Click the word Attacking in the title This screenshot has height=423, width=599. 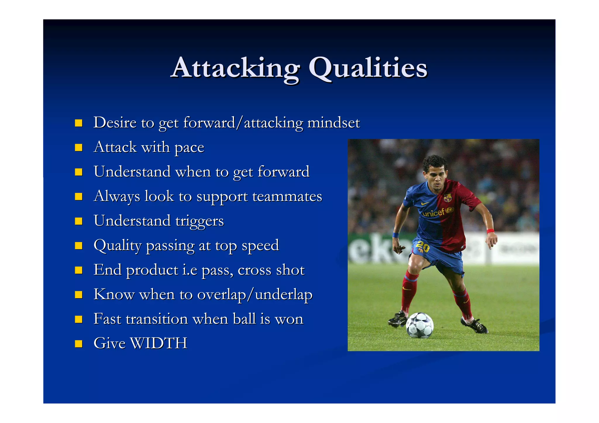pyautogui.click(x=235, y=68)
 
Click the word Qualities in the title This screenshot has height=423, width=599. pyautogui.click(x=368, y=68)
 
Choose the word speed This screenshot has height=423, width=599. pyautogui.click(x=260, y=246)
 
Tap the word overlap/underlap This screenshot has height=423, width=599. pyautogui.click(x=255, y=295)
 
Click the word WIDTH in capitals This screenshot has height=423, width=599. pyautogui.click(x=159, y=343)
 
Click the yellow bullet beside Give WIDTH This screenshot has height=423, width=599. pyautogui.click(x=78, y=343)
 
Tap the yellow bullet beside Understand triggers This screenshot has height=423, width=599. pyautogui.click(x=78, y=221)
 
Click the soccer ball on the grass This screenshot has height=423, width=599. pyautogui.click(x=420, y=325)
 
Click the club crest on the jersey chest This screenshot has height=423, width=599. pyautogui.click(x=447, y=198)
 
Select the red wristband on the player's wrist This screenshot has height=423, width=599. pyautogui.click(x=490, y=231)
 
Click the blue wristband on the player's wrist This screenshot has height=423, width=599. pyautogui.click(x=395, y=235)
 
